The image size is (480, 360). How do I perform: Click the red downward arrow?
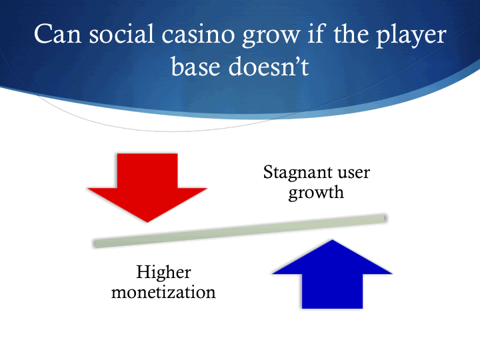point(147,183)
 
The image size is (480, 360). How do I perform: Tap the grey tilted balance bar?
point(240,231)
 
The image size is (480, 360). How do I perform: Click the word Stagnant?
point(297,173)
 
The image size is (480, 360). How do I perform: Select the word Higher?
point(163,272)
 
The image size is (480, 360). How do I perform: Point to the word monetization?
point(163,292)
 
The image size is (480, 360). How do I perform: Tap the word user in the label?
point(351,173)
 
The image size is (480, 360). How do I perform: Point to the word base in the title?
point(198,67)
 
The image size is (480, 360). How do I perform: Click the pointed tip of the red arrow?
point(147,221)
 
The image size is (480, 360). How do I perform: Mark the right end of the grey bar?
point(384,218)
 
